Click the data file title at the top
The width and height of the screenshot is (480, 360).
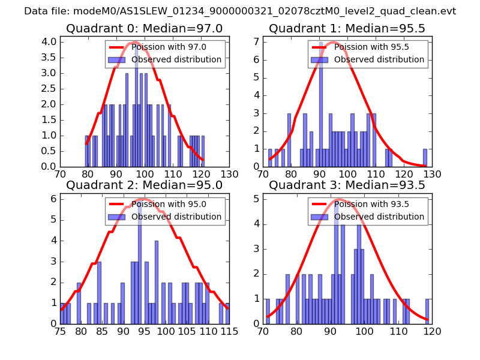point(240,11)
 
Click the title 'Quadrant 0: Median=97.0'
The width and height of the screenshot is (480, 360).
point(144,29)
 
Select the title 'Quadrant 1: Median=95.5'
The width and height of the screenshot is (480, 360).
point(347,29)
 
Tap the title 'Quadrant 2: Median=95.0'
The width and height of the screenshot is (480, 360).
point(144,185)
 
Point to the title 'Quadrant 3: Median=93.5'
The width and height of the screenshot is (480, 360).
point(347,185)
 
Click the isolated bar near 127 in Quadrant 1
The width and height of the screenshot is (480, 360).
point(425,158)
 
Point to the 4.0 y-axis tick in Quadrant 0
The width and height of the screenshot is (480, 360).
point(50,41)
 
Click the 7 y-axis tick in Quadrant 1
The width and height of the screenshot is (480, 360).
point(256,41)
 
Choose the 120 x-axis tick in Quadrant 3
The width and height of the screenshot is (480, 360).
point(432,331)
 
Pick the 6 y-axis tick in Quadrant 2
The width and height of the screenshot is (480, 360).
point(53,198)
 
